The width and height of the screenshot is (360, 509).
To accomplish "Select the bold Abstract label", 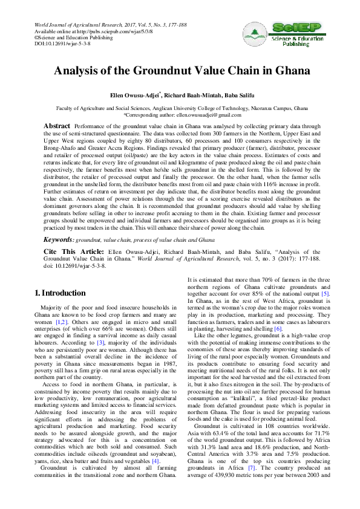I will pyautogui.click(x=57, y=125).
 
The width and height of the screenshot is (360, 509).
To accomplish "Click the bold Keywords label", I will pyautogui.click(x=58, y=240).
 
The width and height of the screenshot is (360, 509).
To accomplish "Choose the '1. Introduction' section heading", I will pyautogui.click(x=60, y=293).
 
